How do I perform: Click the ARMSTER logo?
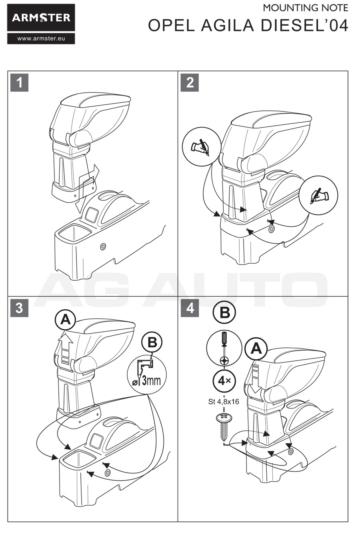[x=41, y=18]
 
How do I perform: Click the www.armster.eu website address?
[x=41, y=39]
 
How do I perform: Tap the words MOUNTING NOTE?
[x=305, y=8]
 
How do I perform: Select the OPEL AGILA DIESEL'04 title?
[x=248, y=25]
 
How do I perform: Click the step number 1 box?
[x=19, y=82]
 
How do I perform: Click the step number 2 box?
[x=190, y=82]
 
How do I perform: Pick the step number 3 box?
[x=19, y=309]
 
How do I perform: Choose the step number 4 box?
[x=190, y=309]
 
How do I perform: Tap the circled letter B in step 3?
[x=152, y=343]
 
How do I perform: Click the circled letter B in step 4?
[x=224, y=313]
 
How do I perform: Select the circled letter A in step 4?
[x=256, y=349]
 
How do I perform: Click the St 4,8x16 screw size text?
[x=224, y=401]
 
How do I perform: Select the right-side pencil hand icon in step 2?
[x=318, y=196]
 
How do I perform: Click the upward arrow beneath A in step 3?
[x=66, y=346]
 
